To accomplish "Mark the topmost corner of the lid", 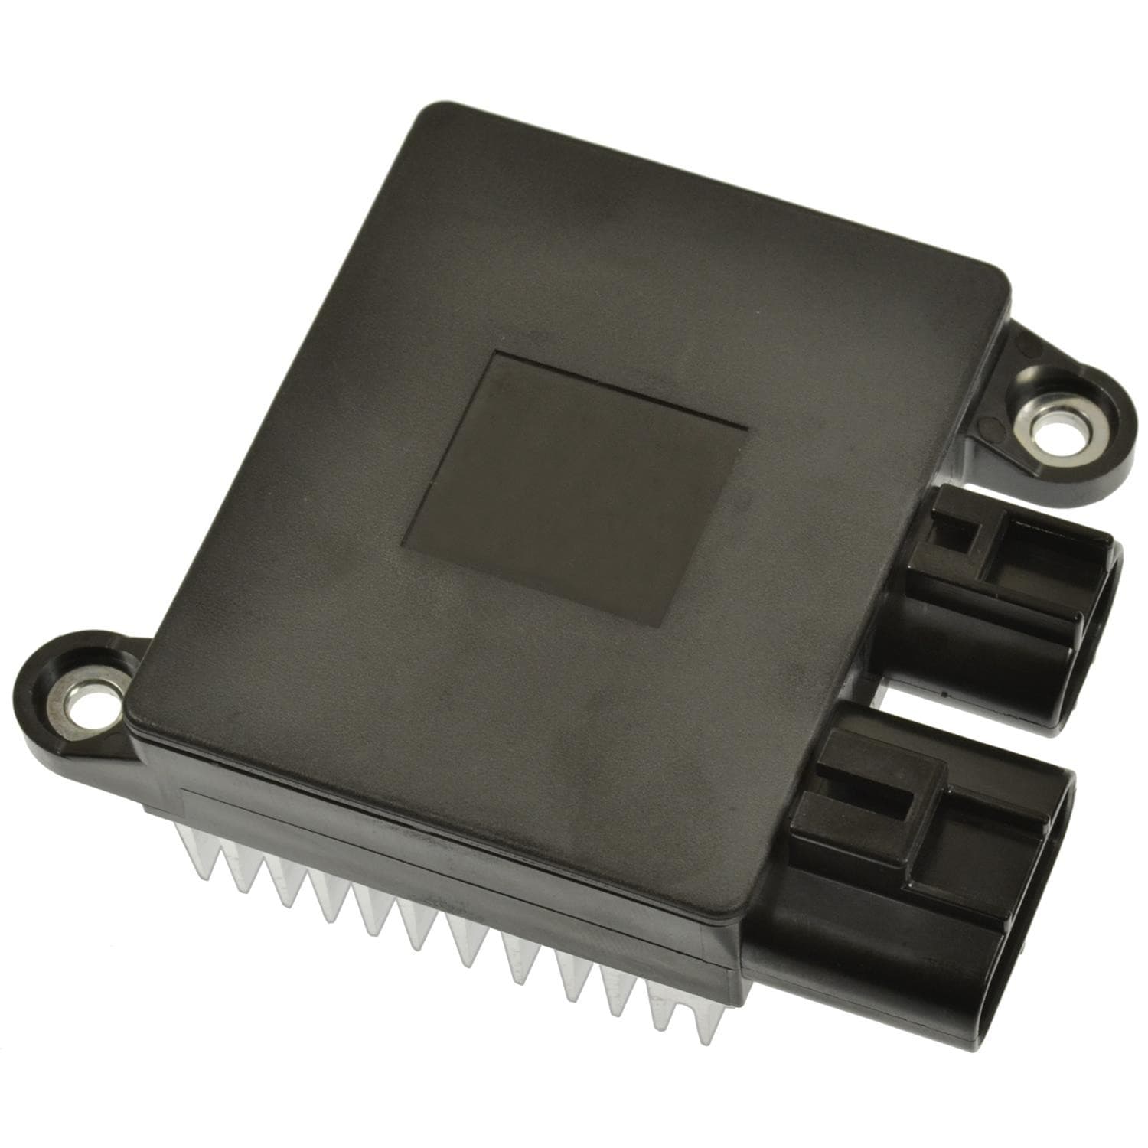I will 429,111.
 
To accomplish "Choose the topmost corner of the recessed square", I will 497,354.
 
